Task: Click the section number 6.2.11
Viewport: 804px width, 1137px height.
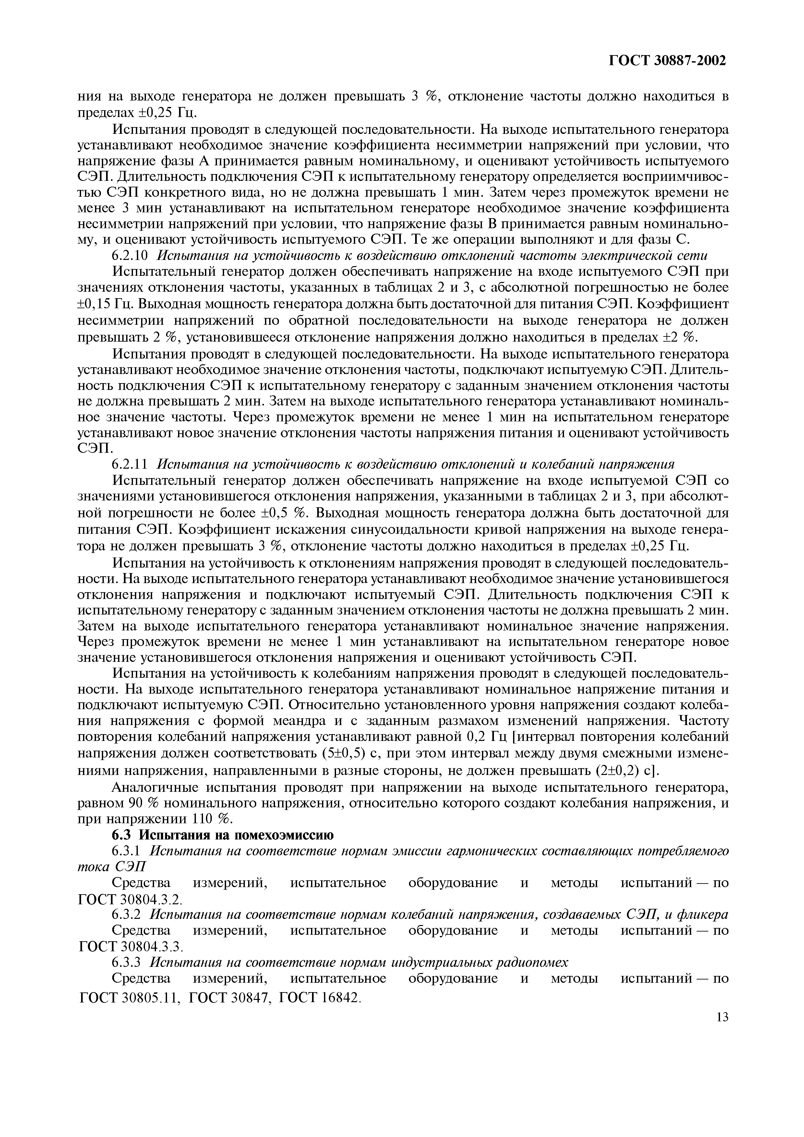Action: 130,464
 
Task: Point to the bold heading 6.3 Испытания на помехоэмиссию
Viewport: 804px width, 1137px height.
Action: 222,835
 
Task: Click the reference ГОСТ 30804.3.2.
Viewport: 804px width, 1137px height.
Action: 131,899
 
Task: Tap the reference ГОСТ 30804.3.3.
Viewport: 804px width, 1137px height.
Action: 131,946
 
